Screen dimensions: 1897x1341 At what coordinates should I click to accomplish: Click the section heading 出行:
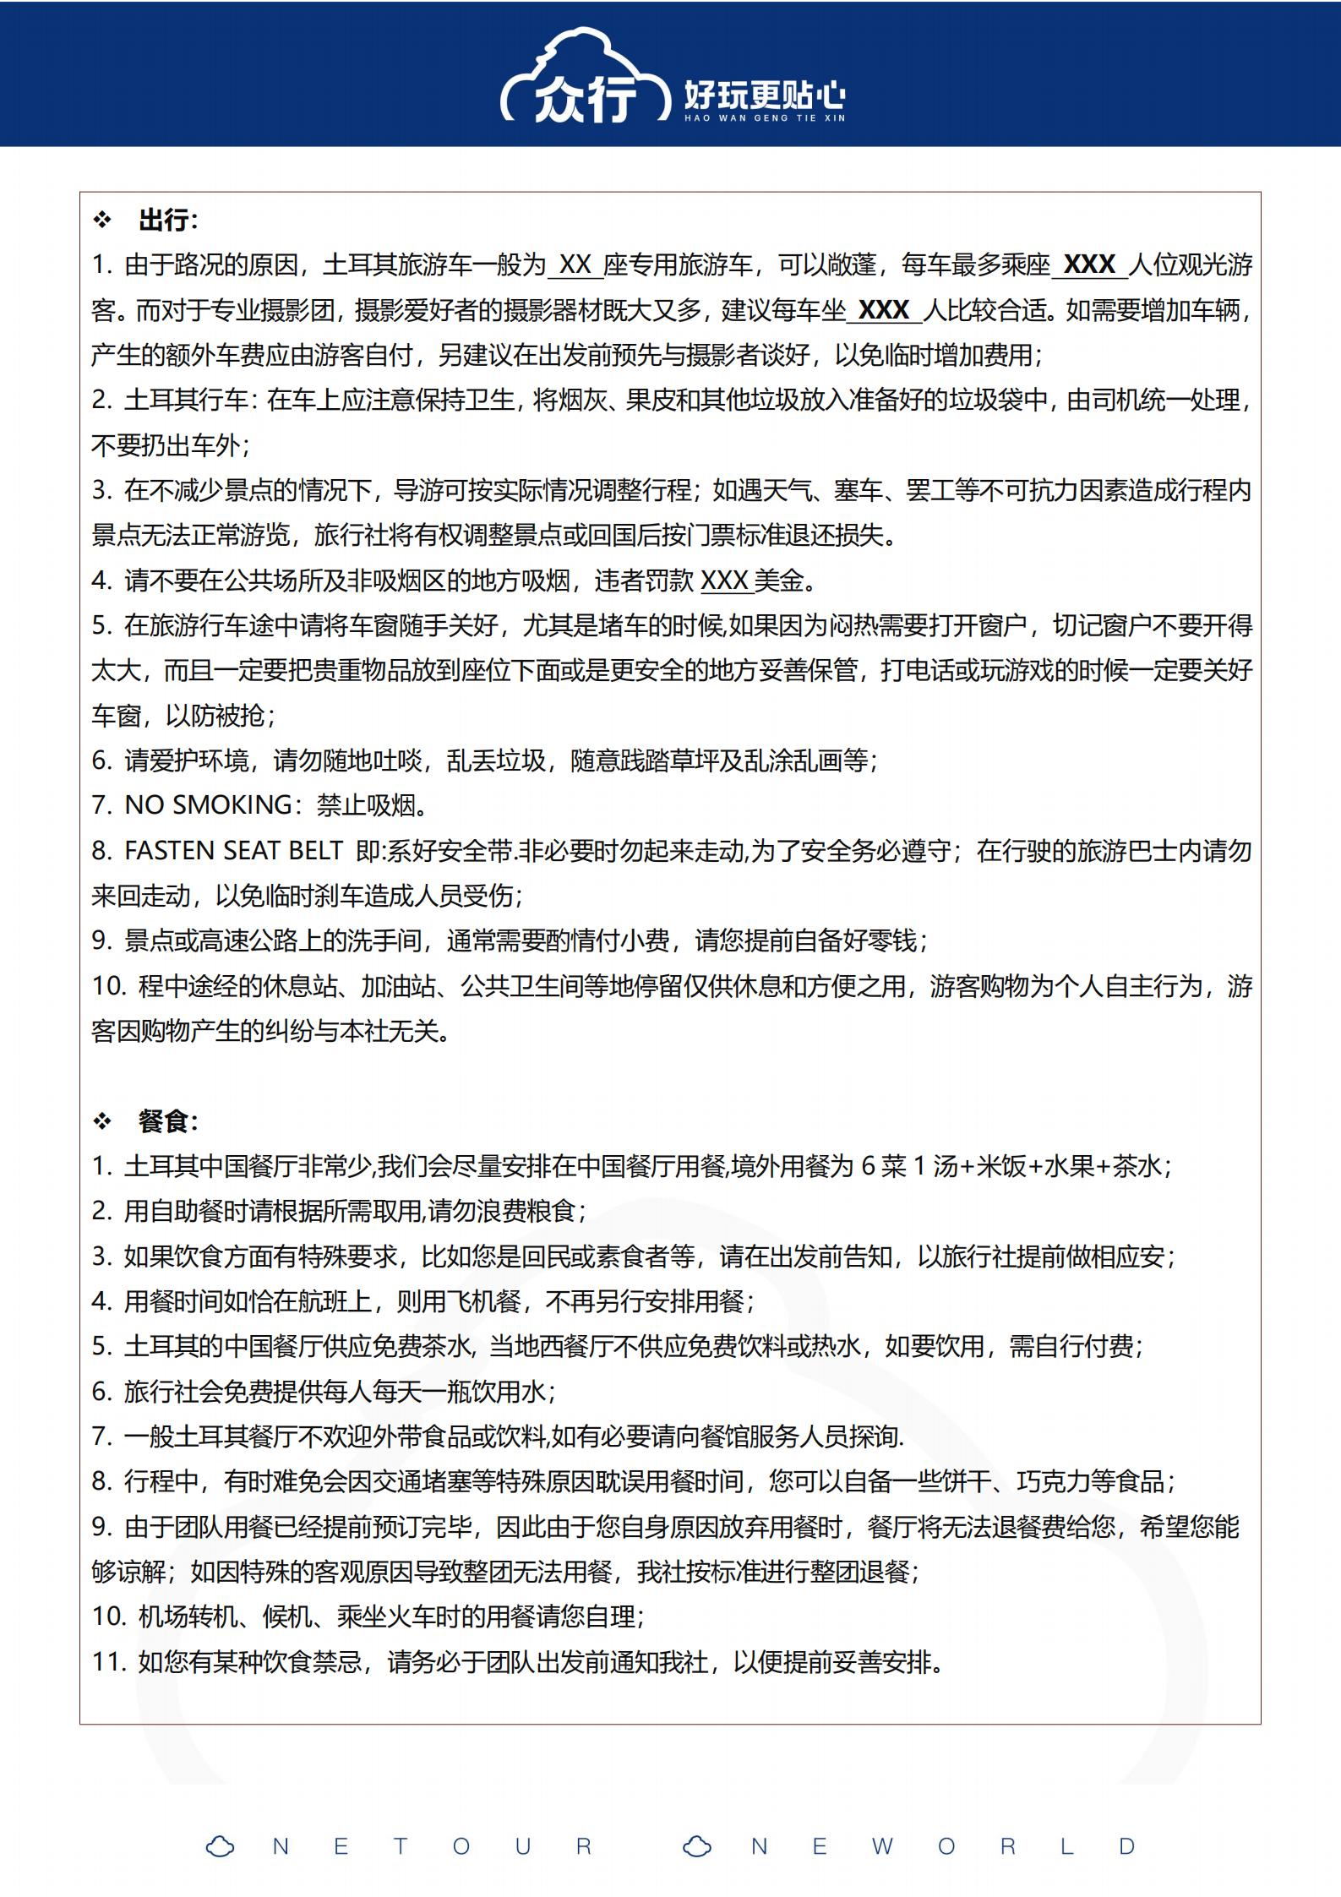click(x=168, y=221)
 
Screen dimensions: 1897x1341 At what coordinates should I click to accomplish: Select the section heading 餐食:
click(x=168, y=1121)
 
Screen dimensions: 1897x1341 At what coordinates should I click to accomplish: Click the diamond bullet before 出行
click(x=102, y=221)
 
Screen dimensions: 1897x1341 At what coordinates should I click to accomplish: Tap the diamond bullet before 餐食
click(x=102, y=1121)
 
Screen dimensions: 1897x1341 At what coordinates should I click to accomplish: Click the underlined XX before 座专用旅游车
click(x=575, y=265)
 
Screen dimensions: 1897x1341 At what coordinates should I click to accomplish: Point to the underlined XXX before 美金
click(x=725, y=581)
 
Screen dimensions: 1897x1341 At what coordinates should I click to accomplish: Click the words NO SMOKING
click(x=208, y=805)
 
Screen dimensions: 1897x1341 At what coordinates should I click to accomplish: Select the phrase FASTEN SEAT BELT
click(x=233, y=850)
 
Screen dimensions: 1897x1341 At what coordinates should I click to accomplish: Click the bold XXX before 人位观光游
click(x=1089, y=265)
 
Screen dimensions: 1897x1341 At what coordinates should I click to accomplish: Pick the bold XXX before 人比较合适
click(x=884, y=310)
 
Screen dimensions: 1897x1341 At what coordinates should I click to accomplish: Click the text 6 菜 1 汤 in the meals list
click(x=909, y=1166)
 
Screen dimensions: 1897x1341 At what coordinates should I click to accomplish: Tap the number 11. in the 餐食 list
click(x=109, y=1662)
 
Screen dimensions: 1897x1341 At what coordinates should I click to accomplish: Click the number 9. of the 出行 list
click(x=101, y=940)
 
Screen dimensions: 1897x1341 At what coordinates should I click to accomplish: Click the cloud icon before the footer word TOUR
click(x=221, y=1846)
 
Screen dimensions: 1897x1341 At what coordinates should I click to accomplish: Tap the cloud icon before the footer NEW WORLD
click(x=697, y=1846)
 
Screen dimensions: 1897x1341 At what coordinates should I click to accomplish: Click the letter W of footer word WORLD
click(x=882, y=1846)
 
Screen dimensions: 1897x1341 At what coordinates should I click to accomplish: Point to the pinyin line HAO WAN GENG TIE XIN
click(x=764, y=118)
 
